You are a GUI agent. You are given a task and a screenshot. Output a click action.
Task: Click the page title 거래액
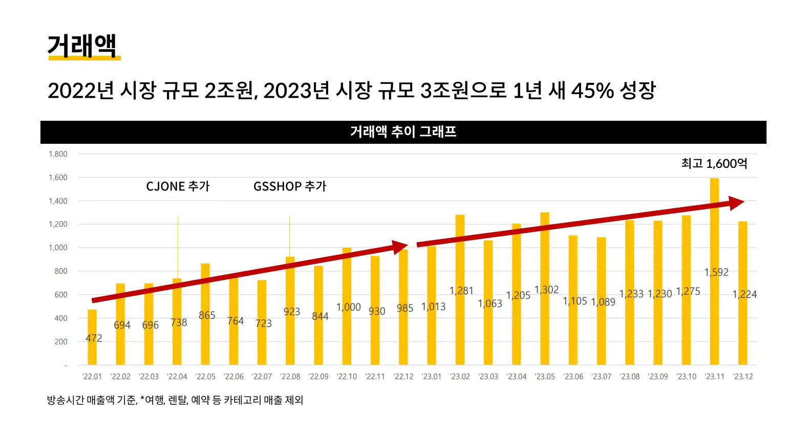coord(82,46)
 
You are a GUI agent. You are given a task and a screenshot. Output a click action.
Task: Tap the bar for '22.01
coord(92,322)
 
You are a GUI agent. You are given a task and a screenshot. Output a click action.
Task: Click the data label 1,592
coord(716,272)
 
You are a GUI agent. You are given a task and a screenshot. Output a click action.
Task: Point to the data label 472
coord(94,338)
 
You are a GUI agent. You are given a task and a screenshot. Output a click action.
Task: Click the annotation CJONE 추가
coord(178,186)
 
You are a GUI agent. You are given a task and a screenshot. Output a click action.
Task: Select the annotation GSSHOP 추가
coord(290,186)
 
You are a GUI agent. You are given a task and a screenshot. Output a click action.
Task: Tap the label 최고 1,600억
coord(714,164)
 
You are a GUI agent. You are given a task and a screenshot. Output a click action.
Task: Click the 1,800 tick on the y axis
coord(58,154)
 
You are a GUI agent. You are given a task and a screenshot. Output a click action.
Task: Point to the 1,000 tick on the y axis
coord(58,248)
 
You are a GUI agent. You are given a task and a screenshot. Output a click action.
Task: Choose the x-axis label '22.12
coord(403,377)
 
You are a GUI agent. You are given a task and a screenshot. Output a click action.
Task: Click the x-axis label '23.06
coord(573,377)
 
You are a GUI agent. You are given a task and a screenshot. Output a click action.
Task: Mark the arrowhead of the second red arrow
coord(736,203)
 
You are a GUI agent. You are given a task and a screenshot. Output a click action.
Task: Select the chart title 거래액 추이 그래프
coord(403,132)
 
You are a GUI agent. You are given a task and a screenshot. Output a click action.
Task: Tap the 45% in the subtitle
coord(592,91)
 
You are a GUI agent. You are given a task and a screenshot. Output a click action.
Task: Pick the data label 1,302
coord(546,290)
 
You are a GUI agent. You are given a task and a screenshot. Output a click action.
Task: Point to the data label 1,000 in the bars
coord(348,307)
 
